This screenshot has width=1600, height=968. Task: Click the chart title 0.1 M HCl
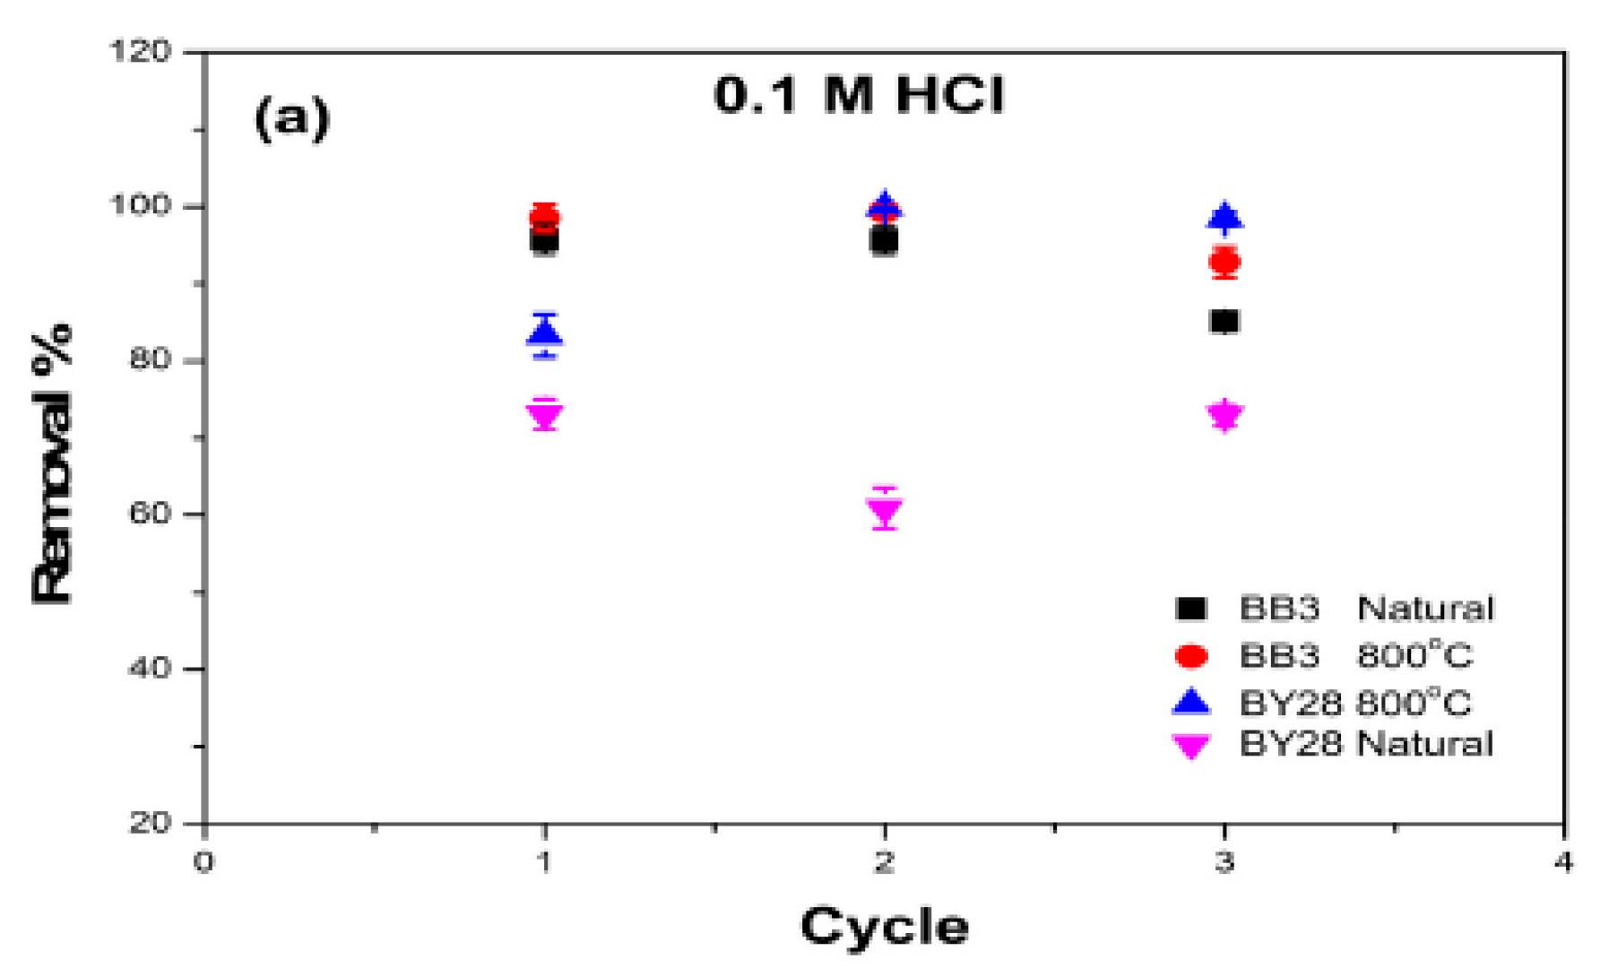(859, 94)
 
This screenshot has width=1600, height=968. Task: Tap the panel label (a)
(292, 117)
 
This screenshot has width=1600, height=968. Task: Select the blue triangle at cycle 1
(545, 333)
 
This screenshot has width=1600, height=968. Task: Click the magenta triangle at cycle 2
(885, 510)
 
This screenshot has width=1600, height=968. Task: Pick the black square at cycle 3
(1224, 321)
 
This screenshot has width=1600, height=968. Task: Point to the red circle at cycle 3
(1224, 262)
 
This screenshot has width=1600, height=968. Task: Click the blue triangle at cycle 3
(1224, 218)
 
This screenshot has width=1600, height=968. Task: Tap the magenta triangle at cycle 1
(545, 415)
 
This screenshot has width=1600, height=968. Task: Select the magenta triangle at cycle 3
(1224, 415)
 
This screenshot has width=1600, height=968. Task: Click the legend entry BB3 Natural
(1336, 609)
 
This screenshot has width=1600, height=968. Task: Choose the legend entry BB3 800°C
(1325, 655)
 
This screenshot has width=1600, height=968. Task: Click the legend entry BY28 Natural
(1336, 744)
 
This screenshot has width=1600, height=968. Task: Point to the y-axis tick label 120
(140, 51)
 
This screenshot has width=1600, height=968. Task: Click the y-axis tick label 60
(149, 514)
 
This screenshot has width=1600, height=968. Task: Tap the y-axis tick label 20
(149, 822)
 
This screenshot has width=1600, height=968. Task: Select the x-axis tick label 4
(1563, 862)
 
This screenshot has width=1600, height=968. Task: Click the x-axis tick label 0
(204, 862)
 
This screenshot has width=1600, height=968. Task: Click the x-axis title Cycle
(884, 927)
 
